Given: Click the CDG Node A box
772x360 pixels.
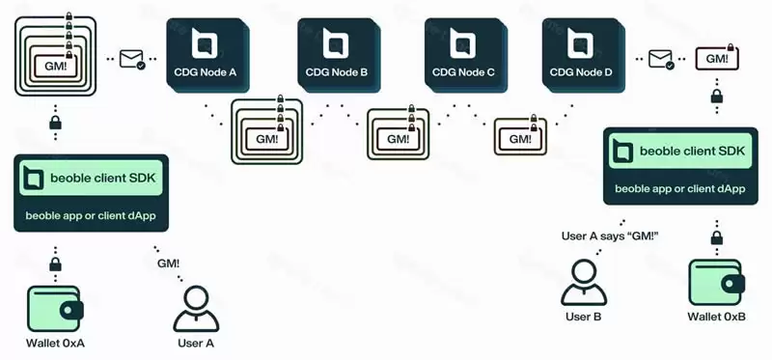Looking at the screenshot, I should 208,54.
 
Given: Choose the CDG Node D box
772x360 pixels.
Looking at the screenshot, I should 581,54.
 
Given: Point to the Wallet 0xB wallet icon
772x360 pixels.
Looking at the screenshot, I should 716,283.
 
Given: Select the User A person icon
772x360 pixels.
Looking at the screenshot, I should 196,308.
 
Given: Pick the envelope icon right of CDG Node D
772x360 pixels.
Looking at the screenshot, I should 662,60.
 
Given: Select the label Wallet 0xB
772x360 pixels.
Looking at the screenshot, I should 716,317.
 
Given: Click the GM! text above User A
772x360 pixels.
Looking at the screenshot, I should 167,263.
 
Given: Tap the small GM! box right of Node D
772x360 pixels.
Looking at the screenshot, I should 716,59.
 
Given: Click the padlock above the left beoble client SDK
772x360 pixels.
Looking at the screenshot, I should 55,124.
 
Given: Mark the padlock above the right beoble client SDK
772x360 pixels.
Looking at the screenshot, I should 716,97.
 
